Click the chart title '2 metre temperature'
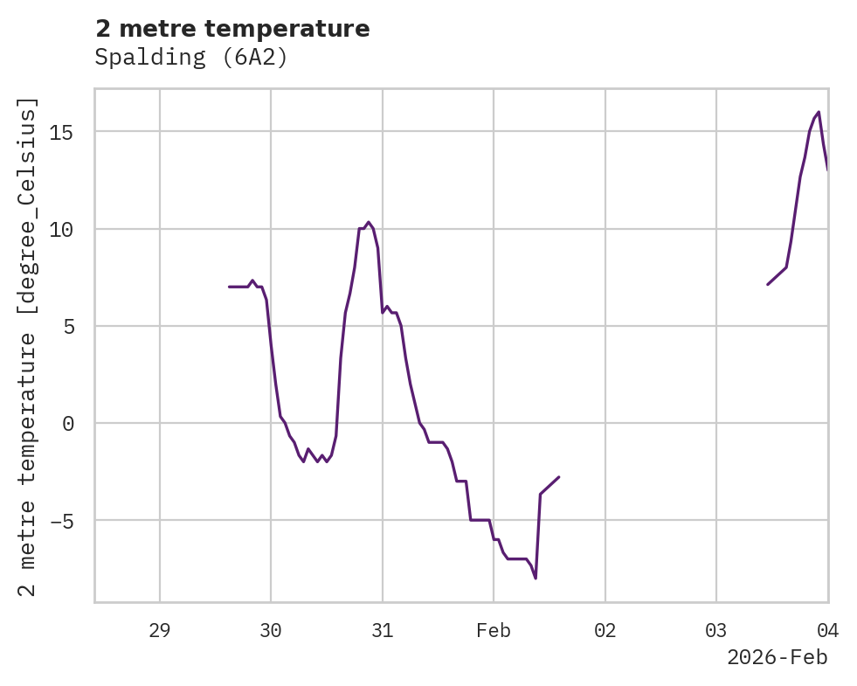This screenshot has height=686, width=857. [x=232, y=29]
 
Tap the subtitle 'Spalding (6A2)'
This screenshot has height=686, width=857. [x=191, y=59]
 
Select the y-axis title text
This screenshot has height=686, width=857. [x=29, y=347]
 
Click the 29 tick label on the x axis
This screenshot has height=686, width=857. [x=160, y=631]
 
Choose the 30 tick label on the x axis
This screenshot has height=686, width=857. [x=271, y=631]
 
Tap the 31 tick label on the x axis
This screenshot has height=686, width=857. [x=383, y=631]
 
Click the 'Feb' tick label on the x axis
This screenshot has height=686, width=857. [x=494, y=631]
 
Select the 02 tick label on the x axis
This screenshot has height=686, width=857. [x=605, y=631]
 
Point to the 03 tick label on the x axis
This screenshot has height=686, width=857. [x=716, y=631]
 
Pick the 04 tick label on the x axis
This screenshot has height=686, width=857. [x=827, y=631]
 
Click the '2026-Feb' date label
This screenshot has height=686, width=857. [x=777, y=657]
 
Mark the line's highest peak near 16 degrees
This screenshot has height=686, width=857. [x=819, y=112]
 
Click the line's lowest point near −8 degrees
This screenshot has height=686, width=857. [x=536, y=579]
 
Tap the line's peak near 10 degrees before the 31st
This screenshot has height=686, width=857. [x=369, y=222]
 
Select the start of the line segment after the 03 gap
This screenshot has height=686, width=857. [x=768, y=285]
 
